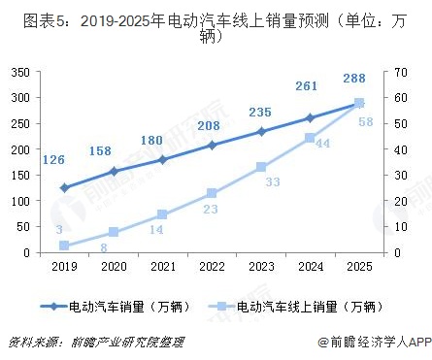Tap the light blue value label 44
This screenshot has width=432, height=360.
pos(323,142)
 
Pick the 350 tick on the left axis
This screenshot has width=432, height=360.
pos(19,72)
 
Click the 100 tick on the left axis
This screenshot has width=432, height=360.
pos(19,201)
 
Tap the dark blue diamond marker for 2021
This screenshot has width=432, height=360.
pos(163,160)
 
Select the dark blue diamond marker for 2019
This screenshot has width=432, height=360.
pos(64,187)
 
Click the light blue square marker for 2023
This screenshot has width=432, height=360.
pos(262,167)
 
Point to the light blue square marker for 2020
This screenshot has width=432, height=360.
pos(114,232)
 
